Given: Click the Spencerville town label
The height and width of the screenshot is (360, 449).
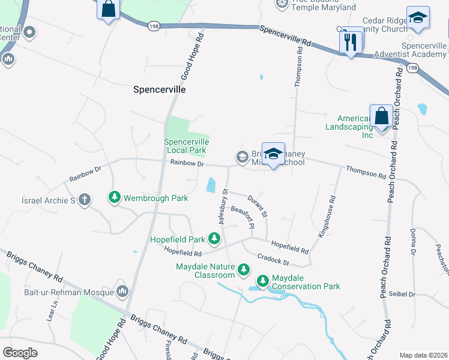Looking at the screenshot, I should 159,89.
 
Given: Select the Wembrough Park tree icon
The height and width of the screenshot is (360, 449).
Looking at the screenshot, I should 114,197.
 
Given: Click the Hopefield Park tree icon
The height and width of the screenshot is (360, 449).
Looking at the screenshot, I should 214,239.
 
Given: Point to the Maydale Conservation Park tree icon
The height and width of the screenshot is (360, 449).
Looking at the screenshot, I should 263,280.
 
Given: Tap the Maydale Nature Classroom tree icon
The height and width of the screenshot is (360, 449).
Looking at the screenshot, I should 243,270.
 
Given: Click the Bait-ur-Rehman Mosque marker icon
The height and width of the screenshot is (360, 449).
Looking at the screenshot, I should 123,292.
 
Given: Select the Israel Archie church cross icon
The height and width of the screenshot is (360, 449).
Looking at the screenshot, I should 85,199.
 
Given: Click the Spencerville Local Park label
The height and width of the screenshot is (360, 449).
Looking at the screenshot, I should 187,146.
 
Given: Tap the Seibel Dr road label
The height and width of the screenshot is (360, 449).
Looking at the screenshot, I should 402,294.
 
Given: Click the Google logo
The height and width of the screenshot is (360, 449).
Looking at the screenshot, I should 20,352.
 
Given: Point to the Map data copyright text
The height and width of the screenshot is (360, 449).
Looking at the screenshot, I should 423,355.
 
